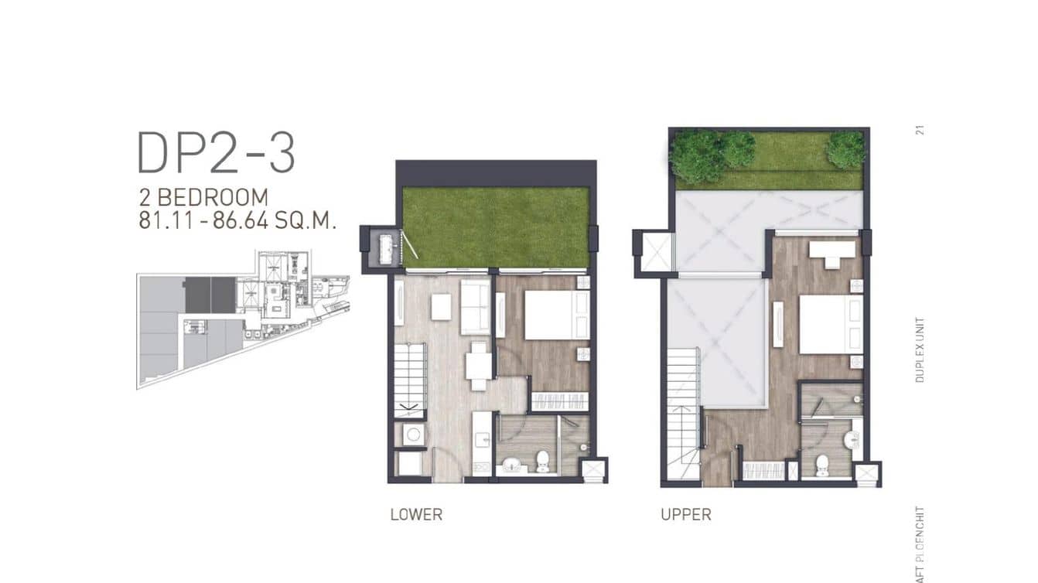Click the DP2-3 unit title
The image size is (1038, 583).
tap(216, 152)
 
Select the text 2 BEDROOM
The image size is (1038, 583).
tap(203, 198)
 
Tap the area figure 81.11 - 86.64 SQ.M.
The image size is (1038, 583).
tap(237, 220)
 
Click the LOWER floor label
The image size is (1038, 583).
tap(416, 514)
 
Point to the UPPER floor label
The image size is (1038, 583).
tap(686, 514)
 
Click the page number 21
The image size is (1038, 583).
tap(920, 130)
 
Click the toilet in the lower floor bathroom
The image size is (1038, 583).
tap(542, 461)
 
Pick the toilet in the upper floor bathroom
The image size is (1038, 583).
tap(821, 463)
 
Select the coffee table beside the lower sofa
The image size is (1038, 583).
tap(441, 308)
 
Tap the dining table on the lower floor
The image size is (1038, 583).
tap(478, 365)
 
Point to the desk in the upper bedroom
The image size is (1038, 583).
tap(831, 251)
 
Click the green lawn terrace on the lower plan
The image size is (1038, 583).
tap(495, 227)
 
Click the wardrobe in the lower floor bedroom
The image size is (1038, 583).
tap(558, 402)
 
